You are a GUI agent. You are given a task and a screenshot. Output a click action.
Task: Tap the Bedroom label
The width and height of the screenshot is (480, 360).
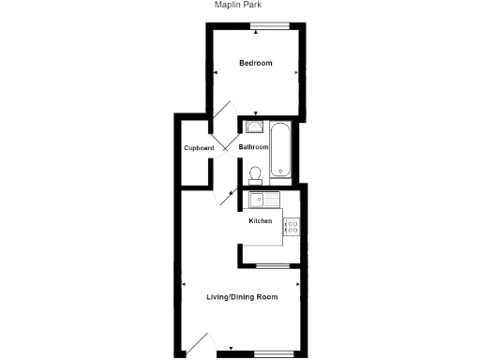255,64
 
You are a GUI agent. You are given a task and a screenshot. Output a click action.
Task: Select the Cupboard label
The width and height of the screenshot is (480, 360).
199,148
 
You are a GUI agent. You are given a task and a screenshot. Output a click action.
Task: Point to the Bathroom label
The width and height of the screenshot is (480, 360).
253,147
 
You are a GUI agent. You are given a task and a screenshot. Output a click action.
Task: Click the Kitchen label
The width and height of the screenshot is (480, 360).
260,221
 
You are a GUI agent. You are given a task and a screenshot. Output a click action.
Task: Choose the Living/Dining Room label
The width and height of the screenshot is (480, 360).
242,297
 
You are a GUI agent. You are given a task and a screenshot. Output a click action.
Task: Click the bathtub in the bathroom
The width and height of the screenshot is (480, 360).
282,149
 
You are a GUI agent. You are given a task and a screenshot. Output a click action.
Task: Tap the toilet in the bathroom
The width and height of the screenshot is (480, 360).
254,173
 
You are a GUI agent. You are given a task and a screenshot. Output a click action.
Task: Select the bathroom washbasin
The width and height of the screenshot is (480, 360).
254,127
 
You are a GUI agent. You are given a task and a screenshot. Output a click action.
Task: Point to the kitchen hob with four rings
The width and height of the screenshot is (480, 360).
291,226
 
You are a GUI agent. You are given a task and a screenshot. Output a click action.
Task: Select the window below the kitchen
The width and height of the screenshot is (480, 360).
270,268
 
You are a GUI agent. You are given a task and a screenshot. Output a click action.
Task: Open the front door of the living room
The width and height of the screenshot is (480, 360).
199,344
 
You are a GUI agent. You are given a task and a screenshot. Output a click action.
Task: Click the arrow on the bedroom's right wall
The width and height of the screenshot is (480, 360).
296,72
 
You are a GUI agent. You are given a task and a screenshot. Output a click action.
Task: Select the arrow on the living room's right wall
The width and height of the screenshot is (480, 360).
298,283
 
